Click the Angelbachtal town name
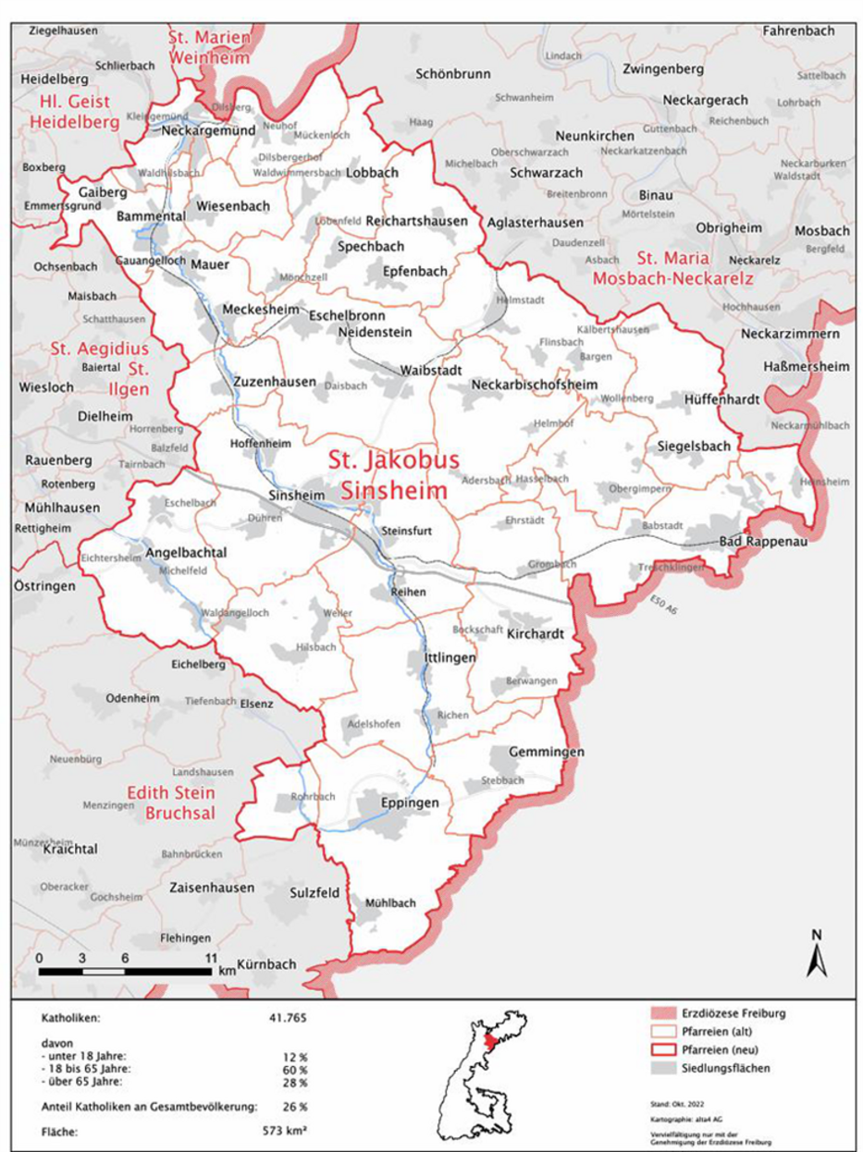(x=186, y=554)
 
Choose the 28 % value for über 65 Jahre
(x=296, y=1082)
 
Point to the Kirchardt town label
(x=536, y=636)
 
